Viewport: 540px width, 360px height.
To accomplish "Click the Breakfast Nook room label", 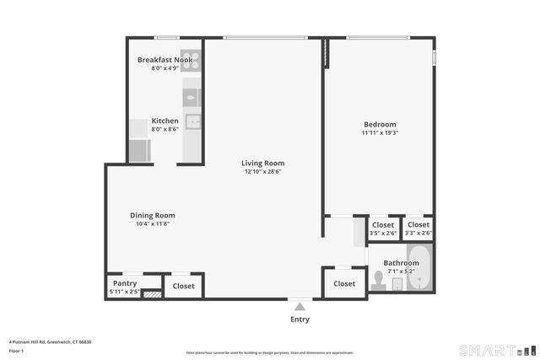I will (x=165, y=60).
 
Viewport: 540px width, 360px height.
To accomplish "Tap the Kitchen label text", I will (x=165, y=121).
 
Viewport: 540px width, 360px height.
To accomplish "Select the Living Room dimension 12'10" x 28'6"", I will (x=262, y=171).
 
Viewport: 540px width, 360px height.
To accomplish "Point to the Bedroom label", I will (x=380, y=125).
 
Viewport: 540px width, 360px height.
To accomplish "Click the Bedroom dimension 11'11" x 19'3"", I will (x=380, y=132).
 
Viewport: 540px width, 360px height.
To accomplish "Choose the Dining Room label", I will (x=153, y=215).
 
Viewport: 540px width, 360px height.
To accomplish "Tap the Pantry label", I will (x=125, y=283).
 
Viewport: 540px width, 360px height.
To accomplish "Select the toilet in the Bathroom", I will (x=378, y=279).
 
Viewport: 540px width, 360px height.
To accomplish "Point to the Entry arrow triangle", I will (x=300, y=307).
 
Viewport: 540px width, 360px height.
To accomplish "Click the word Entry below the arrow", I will (x=300, y=320).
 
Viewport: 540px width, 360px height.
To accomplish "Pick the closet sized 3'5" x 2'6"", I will (x=383, y=228).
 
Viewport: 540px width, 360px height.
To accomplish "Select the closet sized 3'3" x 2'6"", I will (x=418, y=228).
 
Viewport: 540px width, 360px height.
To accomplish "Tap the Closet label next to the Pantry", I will (x=183, y=286).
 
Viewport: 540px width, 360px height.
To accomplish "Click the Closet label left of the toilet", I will (x=344, y=283).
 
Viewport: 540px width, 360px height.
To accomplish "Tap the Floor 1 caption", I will (x=16, y=350).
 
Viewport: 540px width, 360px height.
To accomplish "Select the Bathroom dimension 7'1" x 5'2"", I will (x=401, y=270).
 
